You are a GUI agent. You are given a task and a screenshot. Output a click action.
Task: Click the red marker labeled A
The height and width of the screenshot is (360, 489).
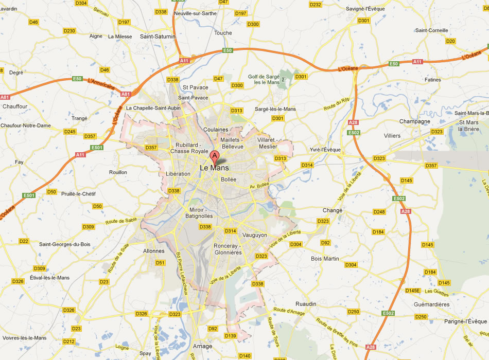pyautogui.click(x=215, y=156)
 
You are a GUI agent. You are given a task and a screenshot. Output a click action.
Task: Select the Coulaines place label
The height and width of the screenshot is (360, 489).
pyautogui.click(x=215, y=129)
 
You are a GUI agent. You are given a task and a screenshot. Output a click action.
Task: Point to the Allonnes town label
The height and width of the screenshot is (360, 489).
pyautogui.click(x=153, y=251)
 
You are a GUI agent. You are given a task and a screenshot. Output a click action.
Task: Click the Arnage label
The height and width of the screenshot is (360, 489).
pyautogui.click(x=202, y=346)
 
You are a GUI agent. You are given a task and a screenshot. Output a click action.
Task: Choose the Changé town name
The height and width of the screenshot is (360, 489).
pyautogui.click(x=332, y=210)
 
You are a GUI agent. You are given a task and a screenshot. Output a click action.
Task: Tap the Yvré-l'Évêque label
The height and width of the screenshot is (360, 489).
pyautogui.click(x=325, y=150)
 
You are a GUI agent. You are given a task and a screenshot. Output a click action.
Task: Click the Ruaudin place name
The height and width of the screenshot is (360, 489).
pyautogui.click(x=306, y=304)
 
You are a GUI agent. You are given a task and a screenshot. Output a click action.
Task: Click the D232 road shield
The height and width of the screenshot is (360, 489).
pyautogui.click(x=316, y=5)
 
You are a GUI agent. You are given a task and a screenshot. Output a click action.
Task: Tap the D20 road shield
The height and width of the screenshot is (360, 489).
pyautogui.click(x=450, y=41)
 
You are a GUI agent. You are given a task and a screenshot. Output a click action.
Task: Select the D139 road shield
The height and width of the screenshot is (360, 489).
pyautogui.click(x=231, y=336)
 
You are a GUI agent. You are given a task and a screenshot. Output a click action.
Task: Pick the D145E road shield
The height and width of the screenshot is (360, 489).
pyautogui.click(x=413, y=291)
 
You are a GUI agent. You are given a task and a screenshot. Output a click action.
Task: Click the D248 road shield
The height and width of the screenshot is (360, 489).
pyautogui.click(x=379, y=212)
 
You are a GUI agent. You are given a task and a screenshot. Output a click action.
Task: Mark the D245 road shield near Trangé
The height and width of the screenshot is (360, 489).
pyautogui.click(x=70, y=132)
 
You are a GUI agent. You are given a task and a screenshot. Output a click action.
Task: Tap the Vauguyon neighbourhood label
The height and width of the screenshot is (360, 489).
pyautogui.click(x=255, y=235)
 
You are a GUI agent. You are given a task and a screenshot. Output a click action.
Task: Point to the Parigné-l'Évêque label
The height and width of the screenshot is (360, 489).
pyautogui.click(x=465, y=321)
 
